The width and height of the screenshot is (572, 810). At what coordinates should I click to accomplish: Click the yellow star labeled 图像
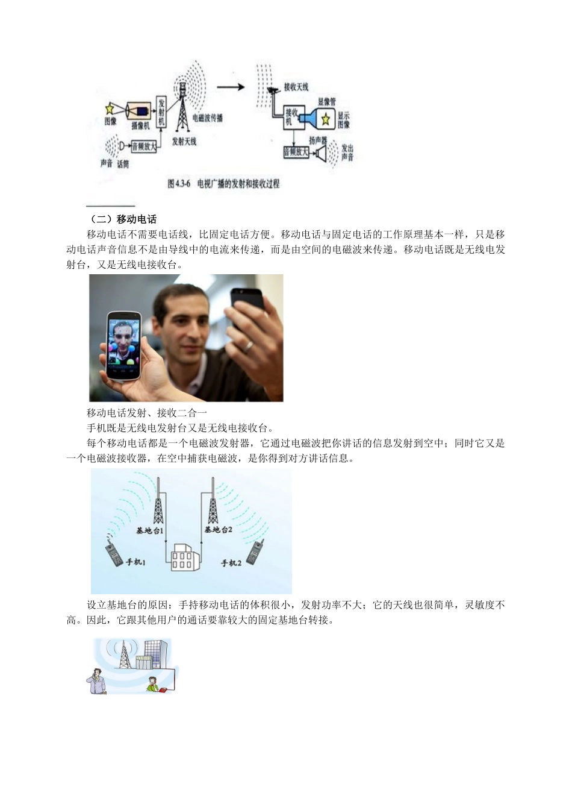click(x=110, y=108)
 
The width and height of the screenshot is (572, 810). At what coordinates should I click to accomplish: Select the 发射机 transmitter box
click(x=161, y=113)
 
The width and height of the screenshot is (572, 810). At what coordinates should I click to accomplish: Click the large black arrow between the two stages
click(x=230, y=87)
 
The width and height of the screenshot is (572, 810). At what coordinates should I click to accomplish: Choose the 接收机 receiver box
click(x=291, y=117)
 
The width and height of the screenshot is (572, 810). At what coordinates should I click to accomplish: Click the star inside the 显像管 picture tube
click(x=326, y=118)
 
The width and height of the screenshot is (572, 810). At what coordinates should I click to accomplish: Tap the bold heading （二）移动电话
click(x=122, y=219)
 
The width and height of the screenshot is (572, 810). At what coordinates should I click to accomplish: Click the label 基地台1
click(x=150, y=531)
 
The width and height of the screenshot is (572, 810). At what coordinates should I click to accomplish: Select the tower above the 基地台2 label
click(x=213, y=502)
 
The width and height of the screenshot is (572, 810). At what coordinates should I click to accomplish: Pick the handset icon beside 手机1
click(x=113, y=552)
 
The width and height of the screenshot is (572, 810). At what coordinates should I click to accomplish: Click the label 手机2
click(x=231, y=562)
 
